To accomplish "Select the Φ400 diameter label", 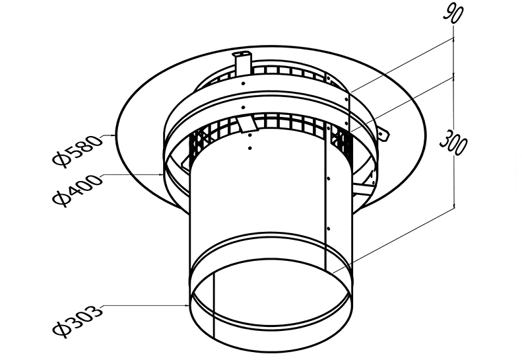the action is tap(77, 190).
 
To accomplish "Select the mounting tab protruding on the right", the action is tap(383, 133).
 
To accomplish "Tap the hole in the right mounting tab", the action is tap(385, 135).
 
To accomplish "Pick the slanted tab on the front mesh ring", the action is tap(247, 124).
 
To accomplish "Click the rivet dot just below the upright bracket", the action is tap(244, 83).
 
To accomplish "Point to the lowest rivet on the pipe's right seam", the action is tap(329, 229).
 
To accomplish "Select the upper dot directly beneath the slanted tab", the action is tap(249, 135).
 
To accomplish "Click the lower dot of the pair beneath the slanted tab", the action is tap(250, 148).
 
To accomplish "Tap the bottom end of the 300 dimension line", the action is tap(454, 207).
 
